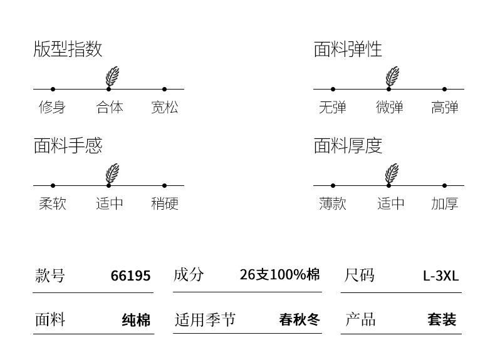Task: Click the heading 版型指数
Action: tap(68, 49)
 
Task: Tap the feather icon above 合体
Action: tap(112, 76)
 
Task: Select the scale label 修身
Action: tap(52, 108)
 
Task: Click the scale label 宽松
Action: tap(165, 108)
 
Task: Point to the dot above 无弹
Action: tap(333, 90)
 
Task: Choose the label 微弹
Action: tap(389, 108)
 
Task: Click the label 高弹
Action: tap(445, 108)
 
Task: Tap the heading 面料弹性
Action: tap(348, 49)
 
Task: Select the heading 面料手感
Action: tap(68, 146)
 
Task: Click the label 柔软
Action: tap(52, 204)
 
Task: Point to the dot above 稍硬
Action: tap(164, 186)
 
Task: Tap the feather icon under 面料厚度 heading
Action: tap(392, 173)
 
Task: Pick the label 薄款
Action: tap(333, 204)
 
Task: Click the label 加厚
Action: tap(445, 204)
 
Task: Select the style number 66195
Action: tap(130, 276)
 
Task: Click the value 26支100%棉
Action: tap(279, 275)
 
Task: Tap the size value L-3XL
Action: tap(441, 276)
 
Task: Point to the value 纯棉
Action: tap(136, 321)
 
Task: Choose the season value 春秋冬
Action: tap(300, 321)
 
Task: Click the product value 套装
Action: tap(442, 321)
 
